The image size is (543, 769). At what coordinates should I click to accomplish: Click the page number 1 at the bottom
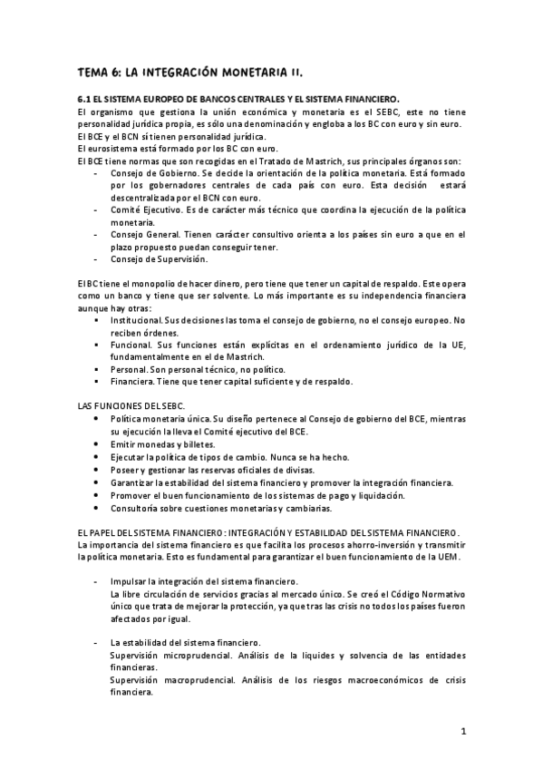462,731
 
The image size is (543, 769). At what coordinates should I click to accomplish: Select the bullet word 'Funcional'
132,346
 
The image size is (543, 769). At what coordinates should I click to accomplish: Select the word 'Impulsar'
129,580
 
